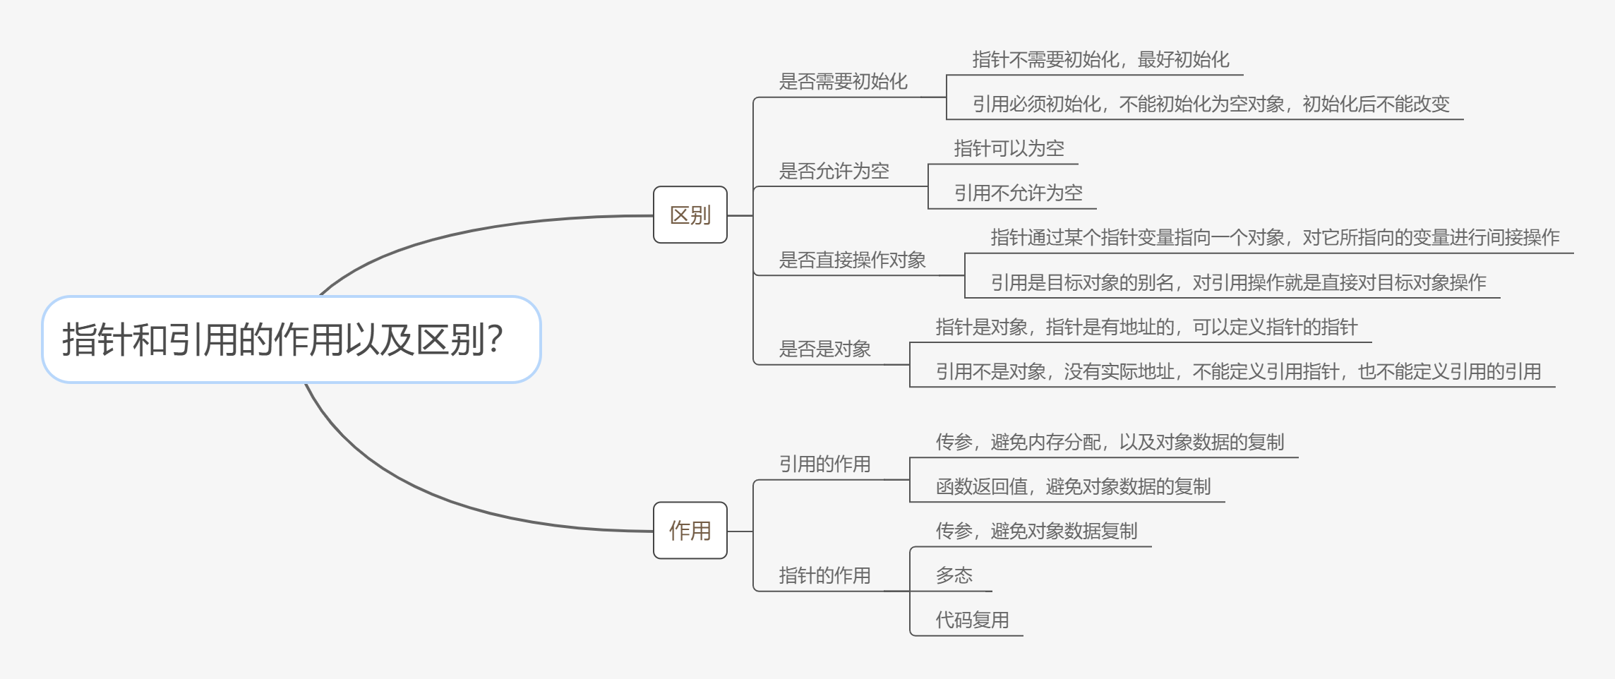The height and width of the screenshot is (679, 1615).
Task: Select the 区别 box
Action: pyautogui.click(x=690, y=215)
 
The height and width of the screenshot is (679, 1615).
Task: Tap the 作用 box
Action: pyautogui.click(x=690, y=531)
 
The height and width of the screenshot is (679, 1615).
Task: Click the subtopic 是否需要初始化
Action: pyautogui.click(x=843, y=82)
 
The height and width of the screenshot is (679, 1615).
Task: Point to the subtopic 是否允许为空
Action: pyautogui.click(x=834, y=171)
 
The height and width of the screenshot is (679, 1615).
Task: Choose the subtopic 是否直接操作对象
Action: pyautogui.click(x=852, y=260)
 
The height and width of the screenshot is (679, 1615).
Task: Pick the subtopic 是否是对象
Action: pyautogui.click(x=824, y=349)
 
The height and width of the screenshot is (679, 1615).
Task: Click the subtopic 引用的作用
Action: pyautogui.click(x=824, y=464)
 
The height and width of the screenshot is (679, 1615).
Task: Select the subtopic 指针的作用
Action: pyautogui.click(x=824, y=576)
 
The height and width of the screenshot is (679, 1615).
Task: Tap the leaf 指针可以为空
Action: pyautogui.click(x=1009, y=149)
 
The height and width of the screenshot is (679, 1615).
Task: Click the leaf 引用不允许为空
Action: pyautogui.click(x=1018, y=193)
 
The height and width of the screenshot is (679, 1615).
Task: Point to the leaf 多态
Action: pyautogui.click(x=954, y=576)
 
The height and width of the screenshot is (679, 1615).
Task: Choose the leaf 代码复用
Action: pyautogui.click(x=972, y=620)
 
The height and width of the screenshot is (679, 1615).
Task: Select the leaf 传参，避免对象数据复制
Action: pyautogui.click(x=1036, y=531)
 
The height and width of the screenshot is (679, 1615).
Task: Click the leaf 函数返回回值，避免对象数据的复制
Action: pyautogui.click(x=1073, y=487)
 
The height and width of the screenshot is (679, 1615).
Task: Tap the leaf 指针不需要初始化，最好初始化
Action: pyautogui.click(x=1100, y=60)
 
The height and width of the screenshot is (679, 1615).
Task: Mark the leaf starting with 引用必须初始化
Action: pyautogui.click(x=1211, y=104)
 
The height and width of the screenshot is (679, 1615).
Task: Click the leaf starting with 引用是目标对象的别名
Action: pyautogui.click(x=1238, y=283)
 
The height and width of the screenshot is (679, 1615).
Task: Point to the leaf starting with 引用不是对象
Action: pyautogui.click(x=1238, y=372)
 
